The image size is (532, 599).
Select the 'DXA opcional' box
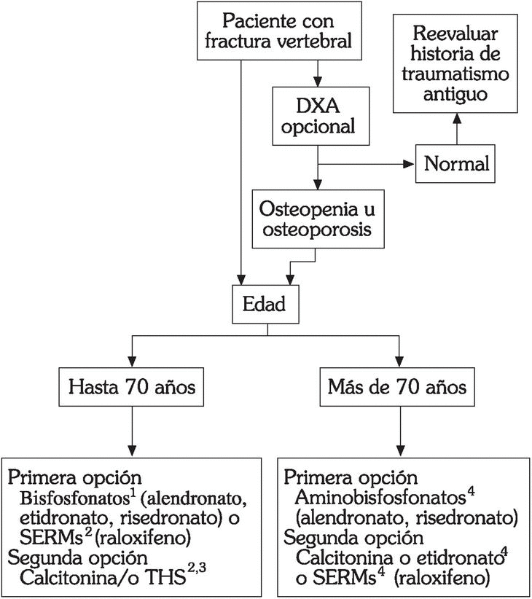click(x=316, y=115)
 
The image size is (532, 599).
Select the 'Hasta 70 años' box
click(x=132, y=386)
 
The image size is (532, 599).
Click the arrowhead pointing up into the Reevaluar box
click(x=457, y=118)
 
